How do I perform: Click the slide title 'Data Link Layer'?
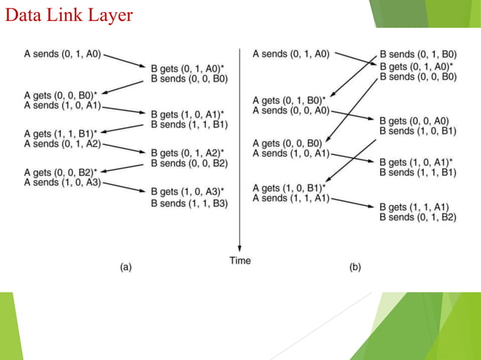[x=69, y=14]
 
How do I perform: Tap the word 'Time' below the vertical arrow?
[x=240, y=261]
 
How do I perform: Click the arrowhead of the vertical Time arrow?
[x=240, y=250]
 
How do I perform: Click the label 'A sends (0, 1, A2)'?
[x=63, y=143]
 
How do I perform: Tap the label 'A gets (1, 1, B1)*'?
[x=61, y=133]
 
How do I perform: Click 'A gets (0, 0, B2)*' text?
[x=61, y=172]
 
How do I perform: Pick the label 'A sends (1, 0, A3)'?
[x=63, y=182]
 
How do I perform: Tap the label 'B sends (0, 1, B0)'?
[x=418, y=55]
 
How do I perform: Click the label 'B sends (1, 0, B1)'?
[x=418, y=130]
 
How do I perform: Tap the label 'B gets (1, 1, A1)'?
[x=415, y=207]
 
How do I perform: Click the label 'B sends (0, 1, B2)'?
[x=418, y=217]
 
